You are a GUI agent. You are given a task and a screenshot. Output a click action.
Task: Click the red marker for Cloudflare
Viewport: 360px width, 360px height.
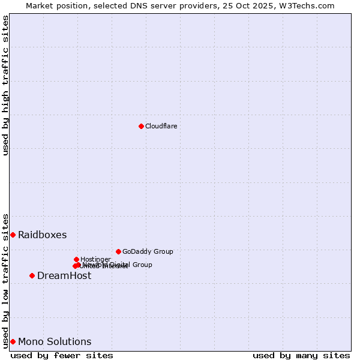(x=141, y=126)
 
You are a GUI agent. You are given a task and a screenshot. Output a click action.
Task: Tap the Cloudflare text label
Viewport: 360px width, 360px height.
(x=161, y=126)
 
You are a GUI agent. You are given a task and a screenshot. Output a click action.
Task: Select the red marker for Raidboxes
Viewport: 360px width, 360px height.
(x=13, y=235)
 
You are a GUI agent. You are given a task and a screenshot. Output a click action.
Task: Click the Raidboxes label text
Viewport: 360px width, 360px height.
(x=42, y=235)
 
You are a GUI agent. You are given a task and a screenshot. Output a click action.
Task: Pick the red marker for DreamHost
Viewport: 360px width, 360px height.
(x=32, y=275)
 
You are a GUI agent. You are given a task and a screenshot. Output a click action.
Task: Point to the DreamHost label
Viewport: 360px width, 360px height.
(x=64, y=275)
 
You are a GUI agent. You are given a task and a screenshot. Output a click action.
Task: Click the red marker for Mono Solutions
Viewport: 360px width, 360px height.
(x=13, y=341)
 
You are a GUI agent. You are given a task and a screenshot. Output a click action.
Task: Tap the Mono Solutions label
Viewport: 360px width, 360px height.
(x=55, y=341)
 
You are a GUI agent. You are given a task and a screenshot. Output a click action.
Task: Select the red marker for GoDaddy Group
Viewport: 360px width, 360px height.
(x=118, y=251)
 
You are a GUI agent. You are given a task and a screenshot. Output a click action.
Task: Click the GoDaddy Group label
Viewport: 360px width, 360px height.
(x=148, y=251)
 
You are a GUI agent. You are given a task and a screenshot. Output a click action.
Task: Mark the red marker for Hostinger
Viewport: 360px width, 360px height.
(x=76, y=259)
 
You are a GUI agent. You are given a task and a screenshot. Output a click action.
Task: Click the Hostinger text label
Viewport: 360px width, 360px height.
(x=95, y=259)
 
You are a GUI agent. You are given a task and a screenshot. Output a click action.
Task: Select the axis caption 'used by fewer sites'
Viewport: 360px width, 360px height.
(x=62, y=355)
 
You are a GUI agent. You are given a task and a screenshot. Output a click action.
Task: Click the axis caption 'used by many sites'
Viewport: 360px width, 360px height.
(x=301, y=355)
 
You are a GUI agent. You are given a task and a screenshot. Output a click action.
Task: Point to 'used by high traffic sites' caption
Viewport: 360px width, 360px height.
(x=5, y=85)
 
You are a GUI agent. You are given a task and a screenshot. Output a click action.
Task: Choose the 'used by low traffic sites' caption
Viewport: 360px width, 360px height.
(x=5, y=280)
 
